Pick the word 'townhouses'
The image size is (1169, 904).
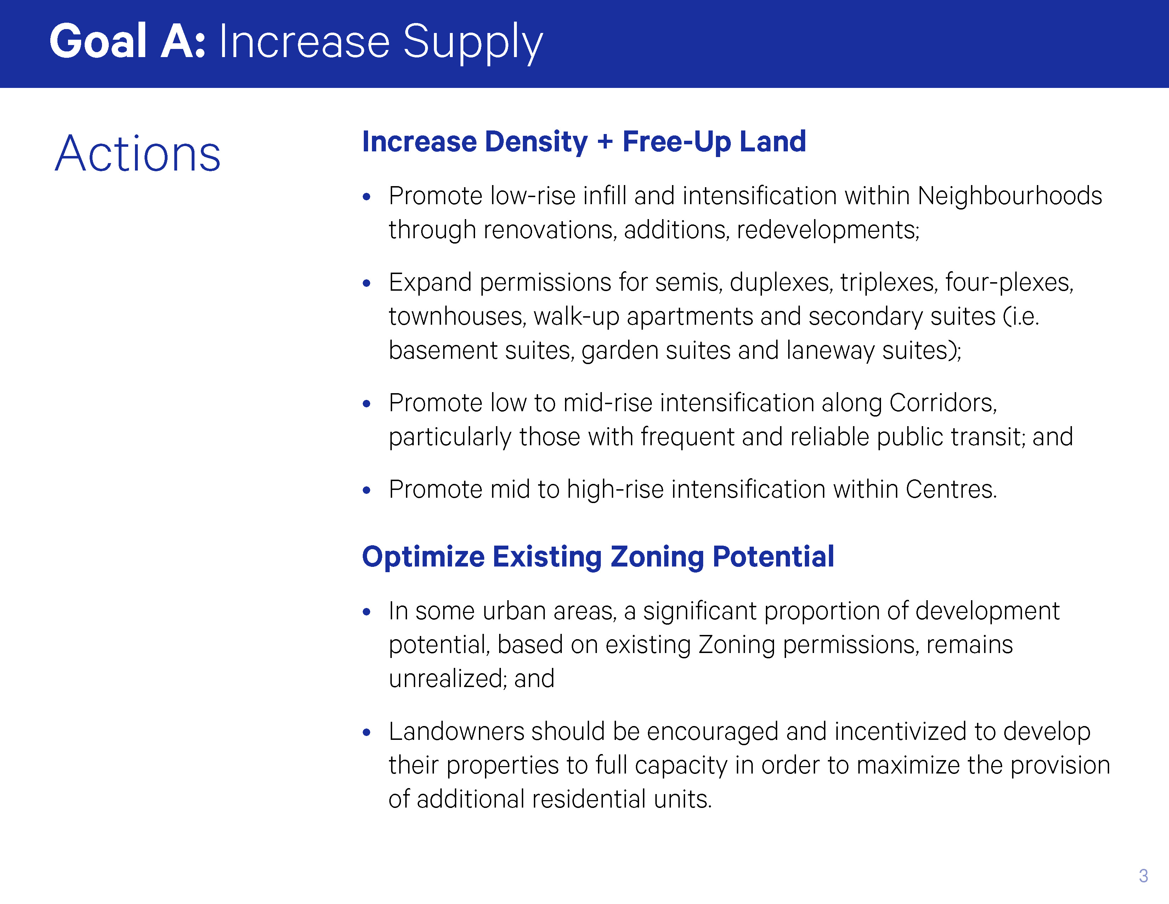[x=456, y=317]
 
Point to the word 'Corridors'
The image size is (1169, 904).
[x=941, y=403]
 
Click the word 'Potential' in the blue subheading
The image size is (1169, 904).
[x=773, y=557]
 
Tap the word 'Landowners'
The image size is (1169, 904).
[x=456, y=732]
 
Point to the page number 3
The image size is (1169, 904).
[x=1143, y=876]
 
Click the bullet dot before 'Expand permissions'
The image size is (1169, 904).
[x=367, y=283]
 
